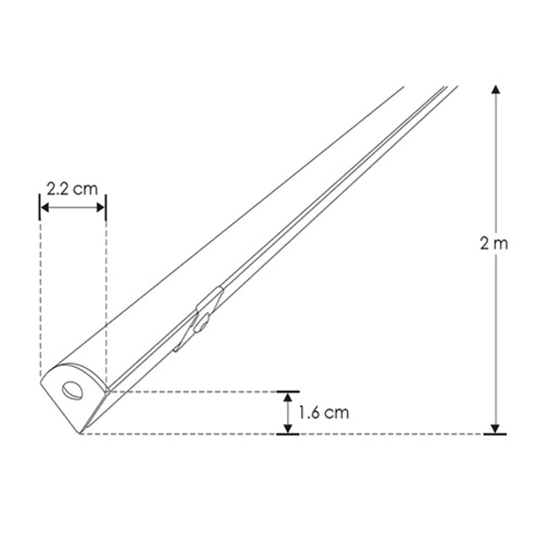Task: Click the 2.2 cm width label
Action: coord(72,189)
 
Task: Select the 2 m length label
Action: coord(494,243)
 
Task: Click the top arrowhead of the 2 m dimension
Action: coord(496,90)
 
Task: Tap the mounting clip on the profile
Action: coord(199,319)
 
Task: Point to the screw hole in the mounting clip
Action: coord(202,324)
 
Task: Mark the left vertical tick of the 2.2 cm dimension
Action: coord(40,207)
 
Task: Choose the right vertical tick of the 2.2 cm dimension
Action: coord(106,207)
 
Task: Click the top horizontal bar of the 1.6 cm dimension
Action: coord(288,392)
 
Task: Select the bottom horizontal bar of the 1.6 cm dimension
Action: coord(288,434)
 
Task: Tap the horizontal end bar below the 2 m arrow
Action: coord(495,434)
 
